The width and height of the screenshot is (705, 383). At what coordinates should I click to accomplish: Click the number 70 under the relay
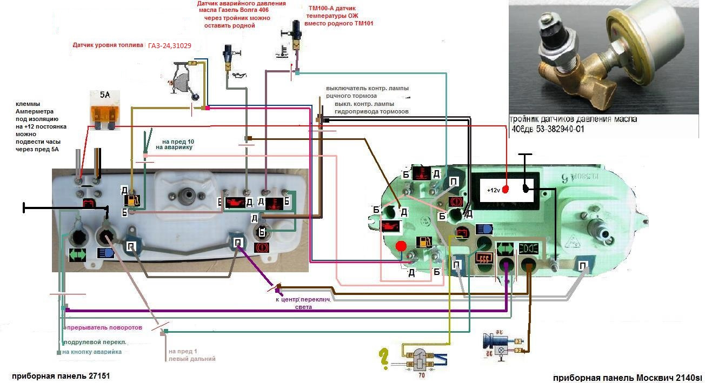point(422,374)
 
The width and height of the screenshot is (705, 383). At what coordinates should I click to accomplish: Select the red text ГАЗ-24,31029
point(170,46)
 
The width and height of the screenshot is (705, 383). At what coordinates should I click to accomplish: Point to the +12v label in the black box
point(494,190)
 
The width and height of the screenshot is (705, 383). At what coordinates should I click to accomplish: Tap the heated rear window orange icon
point(483,258)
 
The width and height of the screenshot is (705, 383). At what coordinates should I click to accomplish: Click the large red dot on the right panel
point(401,247)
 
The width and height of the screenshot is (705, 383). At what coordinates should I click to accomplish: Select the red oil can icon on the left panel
point(235,202)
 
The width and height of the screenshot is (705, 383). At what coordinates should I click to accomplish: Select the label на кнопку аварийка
point(91,352)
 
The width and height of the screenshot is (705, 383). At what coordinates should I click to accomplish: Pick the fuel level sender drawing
point(187,81)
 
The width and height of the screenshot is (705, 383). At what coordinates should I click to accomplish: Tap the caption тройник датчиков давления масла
point(574,119)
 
